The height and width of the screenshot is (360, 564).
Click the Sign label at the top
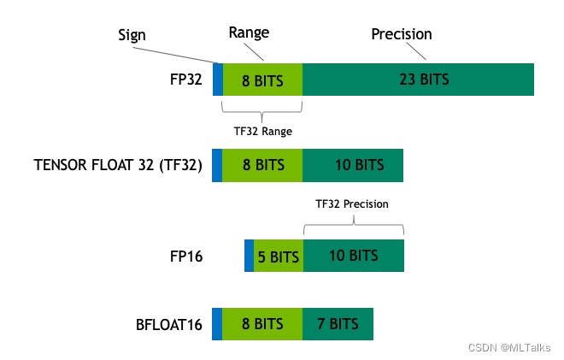[x=132, y=35]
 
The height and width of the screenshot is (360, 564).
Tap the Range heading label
[x=249, y=33]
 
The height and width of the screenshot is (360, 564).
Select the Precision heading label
[x=402, y=34]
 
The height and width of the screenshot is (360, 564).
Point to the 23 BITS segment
[x=418, y=80]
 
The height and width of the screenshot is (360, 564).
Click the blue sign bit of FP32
[x=217, y=80]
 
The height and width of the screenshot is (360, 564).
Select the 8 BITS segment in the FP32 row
[x=262, y=80]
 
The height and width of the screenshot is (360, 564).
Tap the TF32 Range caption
[x=261, y=132]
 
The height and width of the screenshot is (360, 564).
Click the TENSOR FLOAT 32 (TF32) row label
[x=118, y=165]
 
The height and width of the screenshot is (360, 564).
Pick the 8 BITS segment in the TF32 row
[x=262, y=165]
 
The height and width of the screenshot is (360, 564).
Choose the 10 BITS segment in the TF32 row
[x=352, y=165]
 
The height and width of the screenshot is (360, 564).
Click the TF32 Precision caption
[x=352, y=204]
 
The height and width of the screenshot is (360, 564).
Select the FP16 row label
[x=186, y=256]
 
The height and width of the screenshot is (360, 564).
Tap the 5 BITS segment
[x=278, y=256]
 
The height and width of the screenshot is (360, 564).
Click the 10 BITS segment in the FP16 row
[x=352, y=256]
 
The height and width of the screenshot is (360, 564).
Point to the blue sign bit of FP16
[x=249, y=256]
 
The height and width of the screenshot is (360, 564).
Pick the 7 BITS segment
[x=338, y=324]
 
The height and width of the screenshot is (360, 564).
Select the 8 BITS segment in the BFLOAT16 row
[x=262, y=324]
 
